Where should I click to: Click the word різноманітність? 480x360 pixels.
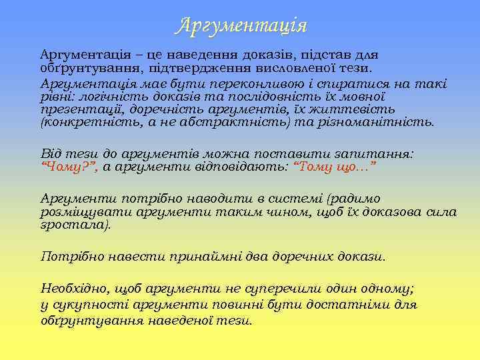point(379,123)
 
